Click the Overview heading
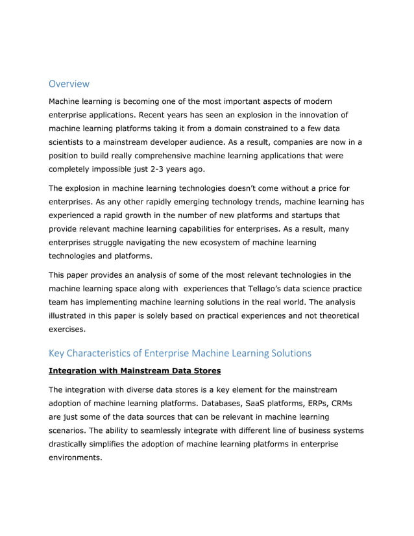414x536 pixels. [x=69, y=84]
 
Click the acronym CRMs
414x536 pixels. [x=354, y=404]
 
